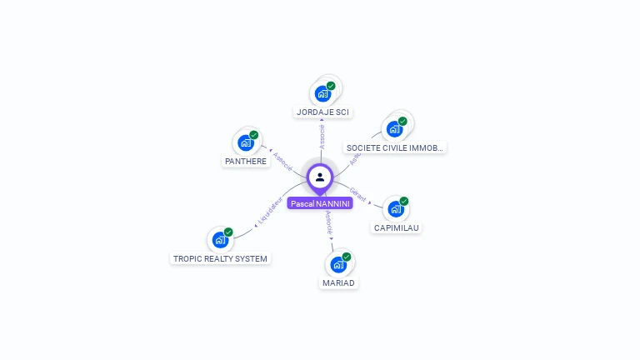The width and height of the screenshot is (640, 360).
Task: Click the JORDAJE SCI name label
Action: (323, 112)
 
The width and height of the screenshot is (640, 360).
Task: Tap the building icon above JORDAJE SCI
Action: (322, 94)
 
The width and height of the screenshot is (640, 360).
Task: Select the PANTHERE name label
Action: (246, 161)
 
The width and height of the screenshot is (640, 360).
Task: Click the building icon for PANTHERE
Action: (245, 143)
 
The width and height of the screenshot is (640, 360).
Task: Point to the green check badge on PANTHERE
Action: (254, 135)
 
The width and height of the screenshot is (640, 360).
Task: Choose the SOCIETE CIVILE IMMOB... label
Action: (395, 147)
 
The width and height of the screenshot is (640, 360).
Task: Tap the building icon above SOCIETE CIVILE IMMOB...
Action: (394, 129)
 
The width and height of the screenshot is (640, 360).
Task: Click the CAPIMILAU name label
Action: (397, 227)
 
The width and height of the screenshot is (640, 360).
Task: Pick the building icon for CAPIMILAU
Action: (395, 209)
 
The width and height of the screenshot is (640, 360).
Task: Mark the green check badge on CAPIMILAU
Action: (404, 201)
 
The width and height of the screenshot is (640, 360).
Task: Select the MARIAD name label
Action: (338, 282)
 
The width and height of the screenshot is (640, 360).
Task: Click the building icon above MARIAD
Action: (337, 265)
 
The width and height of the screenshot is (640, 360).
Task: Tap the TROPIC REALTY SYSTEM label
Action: (220, 258)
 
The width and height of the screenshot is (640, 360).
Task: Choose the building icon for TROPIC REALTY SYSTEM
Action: (220, 240)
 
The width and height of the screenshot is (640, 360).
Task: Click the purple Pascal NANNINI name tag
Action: (320, 203)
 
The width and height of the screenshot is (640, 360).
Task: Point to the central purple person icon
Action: (320, 177)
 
